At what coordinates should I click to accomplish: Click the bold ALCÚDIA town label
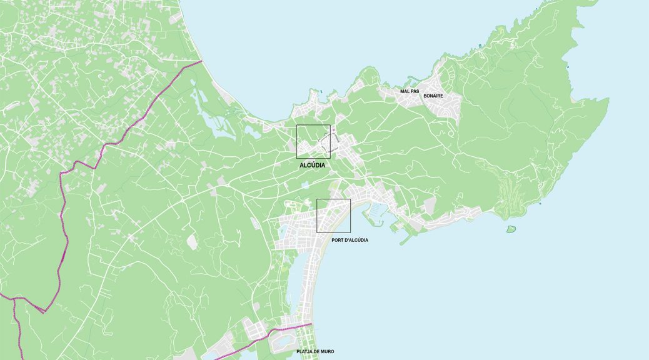click(313, 165)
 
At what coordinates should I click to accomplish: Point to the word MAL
click(405, 91)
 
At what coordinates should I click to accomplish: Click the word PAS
click(415, 91)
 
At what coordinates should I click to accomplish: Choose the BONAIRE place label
click(433, 96)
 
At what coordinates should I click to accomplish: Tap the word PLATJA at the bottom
click(304, 352)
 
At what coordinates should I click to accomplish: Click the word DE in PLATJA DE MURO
click(318, 352)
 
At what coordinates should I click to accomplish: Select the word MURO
click(328, 352)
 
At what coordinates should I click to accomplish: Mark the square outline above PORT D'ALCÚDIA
click(333, 200)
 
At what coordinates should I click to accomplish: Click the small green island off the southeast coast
click(511, 229)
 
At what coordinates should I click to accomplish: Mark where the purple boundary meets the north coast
click(202, 61)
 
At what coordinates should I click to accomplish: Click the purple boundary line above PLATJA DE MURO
click(291, 328)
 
